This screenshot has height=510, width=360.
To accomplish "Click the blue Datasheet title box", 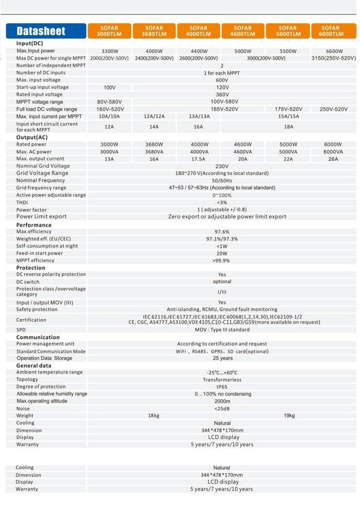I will point(45,31).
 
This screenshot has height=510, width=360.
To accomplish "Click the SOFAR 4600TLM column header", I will point(242,31).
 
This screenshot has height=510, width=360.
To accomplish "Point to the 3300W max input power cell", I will point(110,51).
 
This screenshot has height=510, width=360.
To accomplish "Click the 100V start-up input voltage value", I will point(110,87).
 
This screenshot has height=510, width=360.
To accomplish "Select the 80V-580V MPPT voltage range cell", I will point(109,101).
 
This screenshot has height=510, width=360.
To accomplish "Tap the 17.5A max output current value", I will point(199,159).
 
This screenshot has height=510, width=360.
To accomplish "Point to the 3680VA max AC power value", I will point(154,152).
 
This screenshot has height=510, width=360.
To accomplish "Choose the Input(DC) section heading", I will point(32,44).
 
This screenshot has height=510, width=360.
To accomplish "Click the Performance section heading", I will point(33,225).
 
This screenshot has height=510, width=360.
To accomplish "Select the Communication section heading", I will point(38,337).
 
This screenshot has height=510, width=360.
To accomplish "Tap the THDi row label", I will point(23,203).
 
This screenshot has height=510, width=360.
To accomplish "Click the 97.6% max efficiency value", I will point(222,232).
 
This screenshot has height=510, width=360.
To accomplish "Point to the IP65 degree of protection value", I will point(222,386).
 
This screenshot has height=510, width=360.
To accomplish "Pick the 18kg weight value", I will point(154,415).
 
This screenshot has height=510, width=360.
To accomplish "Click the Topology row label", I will point(27,379).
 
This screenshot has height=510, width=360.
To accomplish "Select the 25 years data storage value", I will point(222,358).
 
